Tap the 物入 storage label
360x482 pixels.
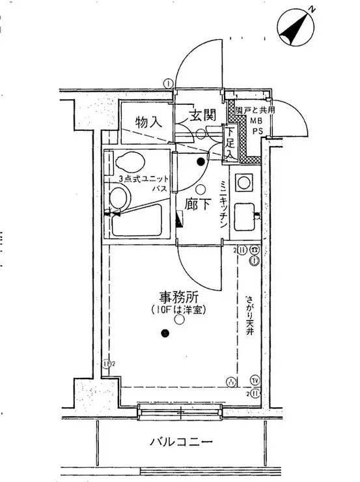coord(148,121)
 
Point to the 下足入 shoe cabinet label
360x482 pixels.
coord(229,143)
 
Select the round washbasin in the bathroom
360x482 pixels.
coord(118,197)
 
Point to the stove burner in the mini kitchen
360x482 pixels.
coord(246,182)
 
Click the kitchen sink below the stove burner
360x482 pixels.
coord(245,215)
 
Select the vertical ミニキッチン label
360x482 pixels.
coord(223,202)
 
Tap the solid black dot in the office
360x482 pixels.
coord(165,334)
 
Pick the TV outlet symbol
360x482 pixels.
coord(254,380)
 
